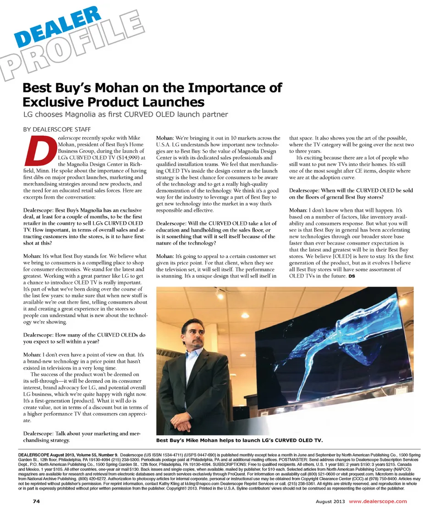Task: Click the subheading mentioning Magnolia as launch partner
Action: click(x=126, y=114)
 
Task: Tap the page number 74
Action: click(x=36, y=501)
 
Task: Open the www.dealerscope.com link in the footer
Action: click(x=378, y=501)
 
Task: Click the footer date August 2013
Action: click(x=330, y=501)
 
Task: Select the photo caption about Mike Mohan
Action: click(x=239, y=440)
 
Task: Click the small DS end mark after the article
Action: click(x=352, y=276)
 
